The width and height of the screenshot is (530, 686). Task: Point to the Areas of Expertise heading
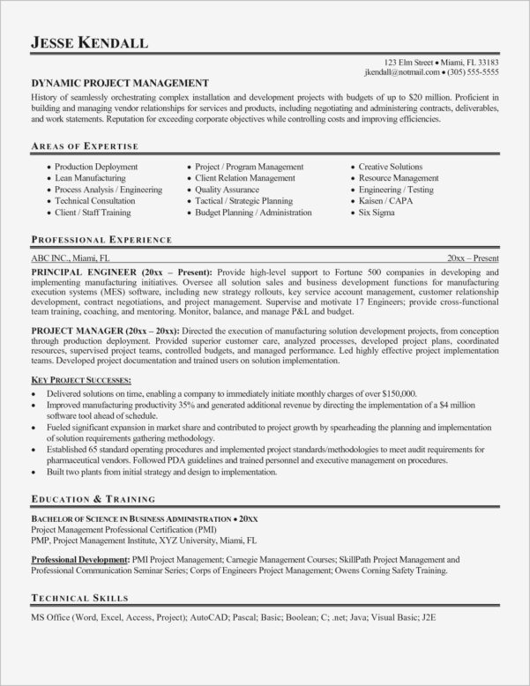[x=86, y=145]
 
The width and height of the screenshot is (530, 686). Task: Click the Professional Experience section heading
[x=101, y=240]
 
